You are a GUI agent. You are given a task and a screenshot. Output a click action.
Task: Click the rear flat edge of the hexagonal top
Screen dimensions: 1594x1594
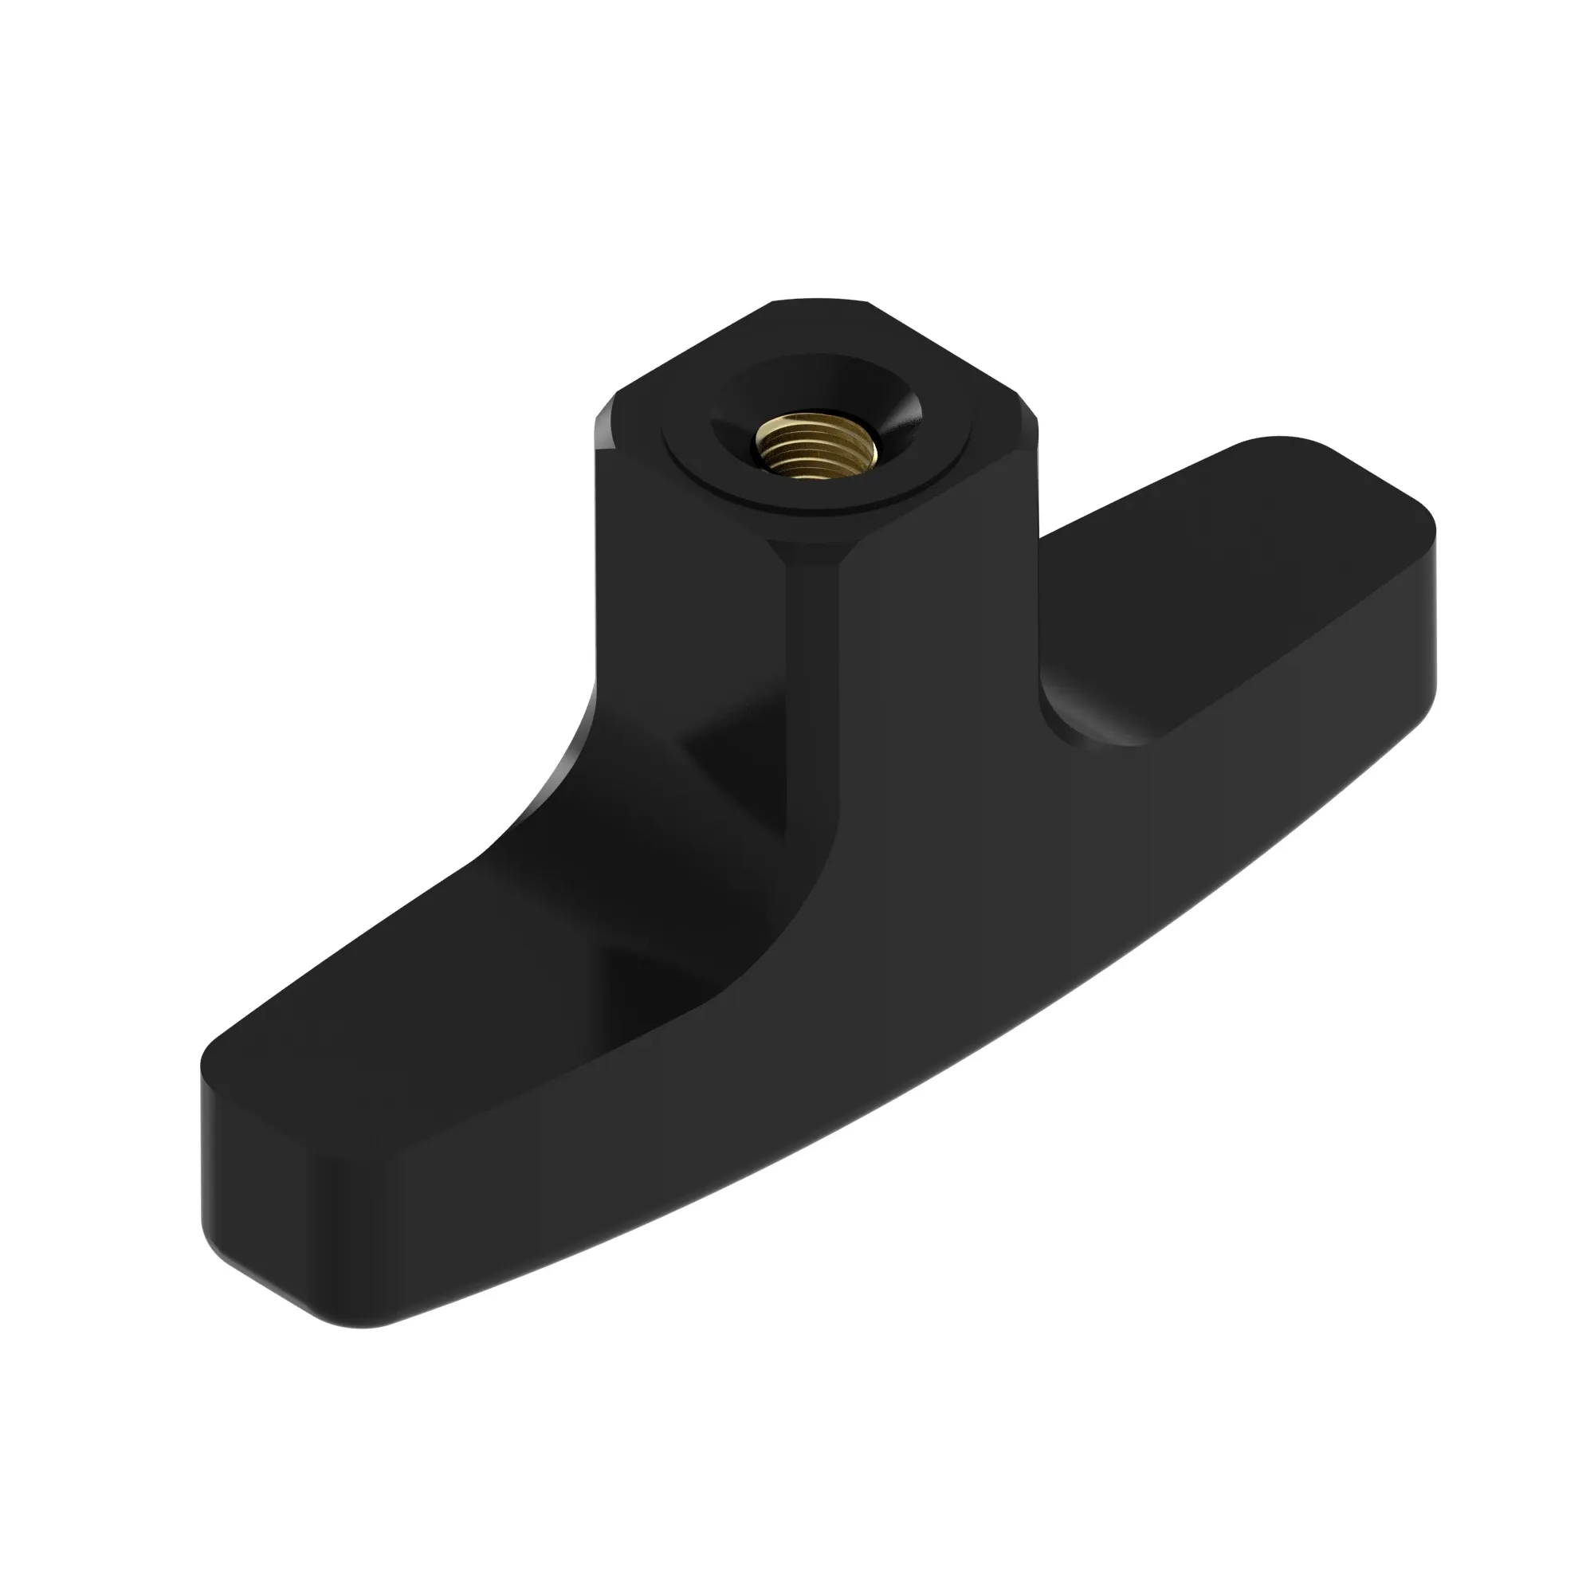[x=821, y=301]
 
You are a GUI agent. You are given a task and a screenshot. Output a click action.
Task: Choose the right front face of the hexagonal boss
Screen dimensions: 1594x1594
[x=932, y=627]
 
